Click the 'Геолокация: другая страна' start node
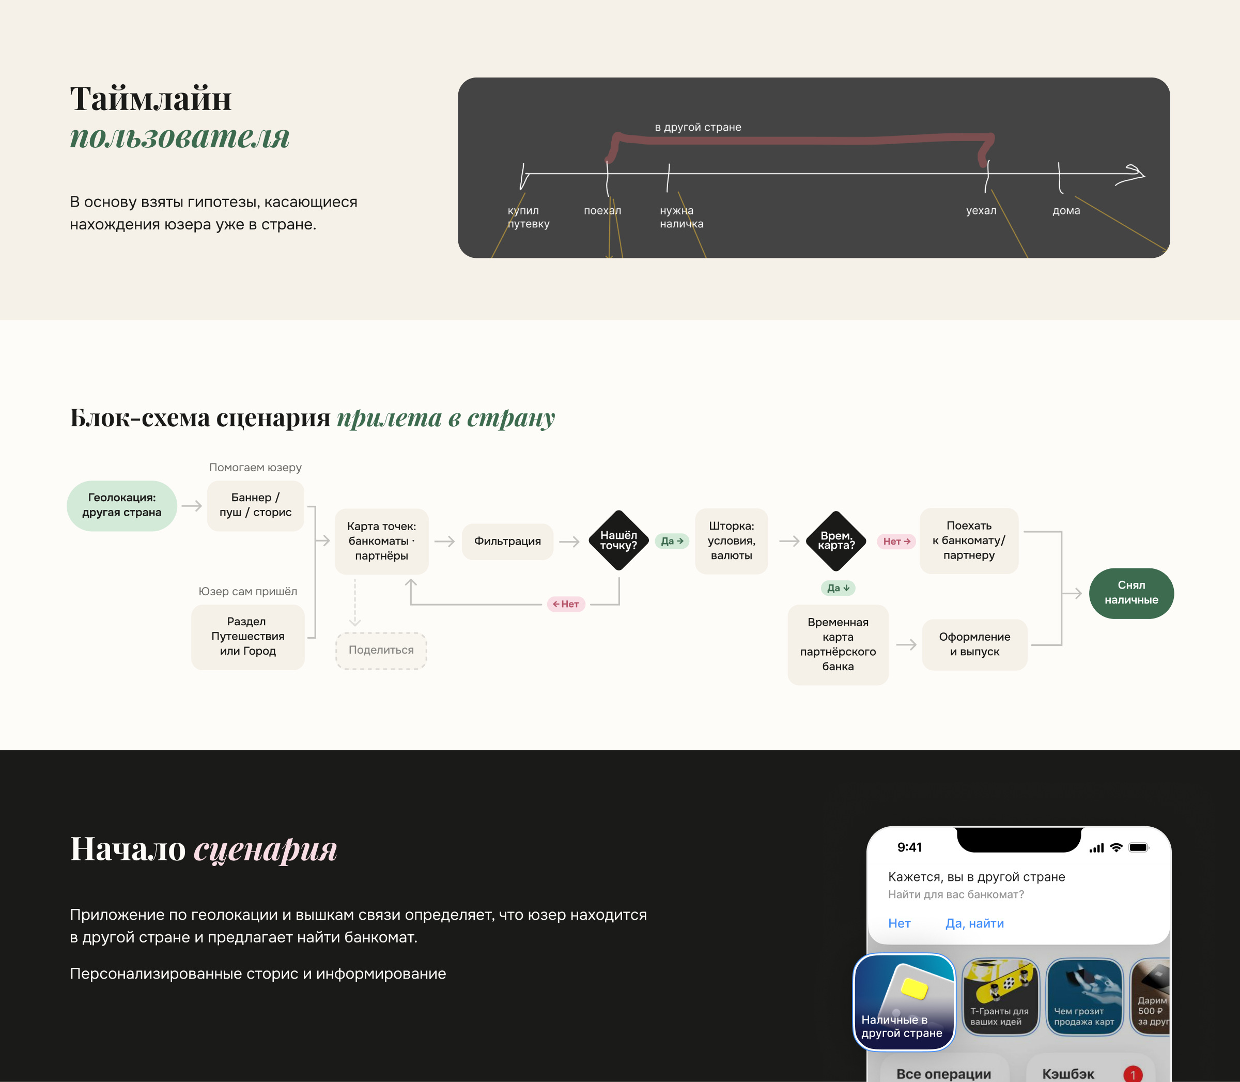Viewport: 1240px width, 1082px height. [x=122, y=505]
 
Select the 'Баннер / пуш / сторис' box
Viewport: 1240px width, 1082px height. [x=255, y=505]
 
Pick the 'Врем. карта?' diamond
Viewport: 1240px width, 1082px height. [x=836, y=540]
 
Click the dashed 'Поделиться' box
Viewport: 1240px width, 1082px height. [x=381, y=651]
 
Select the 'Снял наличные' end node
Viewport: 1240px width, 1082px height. [x=1131, y=593]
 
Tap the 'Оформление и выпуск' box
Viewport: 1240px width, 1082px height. [x=974, y=644]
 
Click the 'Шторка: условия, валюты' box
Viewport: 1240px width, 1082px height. [x=731, y=541]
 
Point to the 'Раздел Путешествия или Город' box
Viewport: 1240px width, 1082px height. [x=247, y=637]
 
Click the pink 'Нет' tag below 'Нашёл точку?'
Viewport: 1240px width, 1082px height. [x=566, y=604]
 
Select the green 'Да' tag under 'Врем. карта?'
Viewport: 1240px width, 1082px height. [x=838, y=588]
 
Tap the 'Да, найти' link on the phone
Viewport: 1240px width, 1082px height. [x=974, y=923]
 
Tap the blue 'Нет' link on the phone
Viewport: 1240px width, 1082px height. [x=899, y=923]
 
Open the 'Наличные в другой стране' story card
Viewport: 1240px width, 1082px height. [x=904, y=1002]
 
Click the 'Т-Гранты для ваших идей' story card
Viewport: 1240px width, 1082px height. [x=1000, y=996]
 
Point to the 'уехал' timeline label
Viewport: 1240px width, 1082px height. [x=981, y=211]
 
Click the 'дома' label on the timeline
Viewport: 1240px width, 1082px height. [x=1066, y=211]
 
